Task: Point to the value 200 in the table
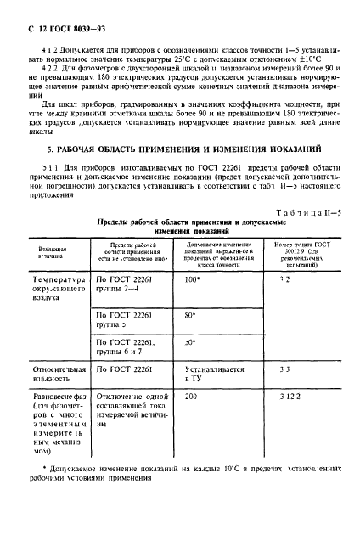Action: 191,397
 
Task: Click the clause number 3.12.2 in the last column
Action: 290,397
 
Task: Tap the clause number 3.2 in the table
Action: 285,279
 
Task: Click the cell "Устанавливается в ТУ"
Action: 214,375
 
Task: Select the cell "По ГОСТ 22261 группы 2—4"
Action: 127,284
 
